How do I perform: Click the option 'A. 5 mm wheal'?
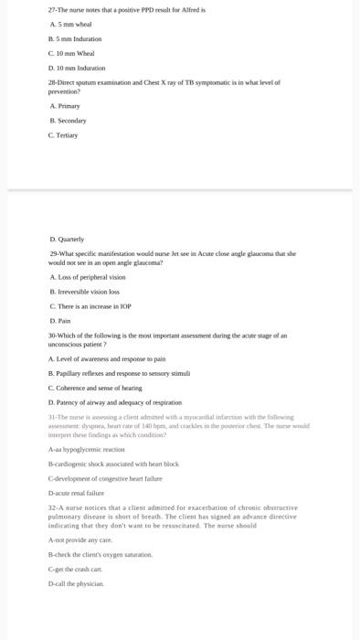click(x=72, y=25)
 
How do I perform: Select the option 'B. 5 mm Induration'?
click(x=76, y=39)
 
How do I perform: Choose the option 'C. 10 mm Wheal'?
click(x=73, y=54)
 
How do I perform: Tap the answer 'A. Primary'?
click(x=65, y=106)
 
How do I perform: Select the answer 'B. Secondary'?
click(x=69, y=121)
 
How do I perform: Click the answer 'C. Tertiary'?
click(x=65, y=135)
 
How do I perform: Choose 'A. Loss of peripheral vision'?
click(x=88, y=277)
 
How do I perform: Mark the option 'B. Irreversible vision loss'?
click(x=86, y=292)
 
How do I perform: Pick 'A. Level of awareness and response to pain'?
click(x=106, y=359)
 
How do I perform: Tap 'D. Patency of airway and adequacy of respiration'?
click(x=114, y=402)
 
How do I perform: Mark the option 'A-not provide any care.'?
click(x=80, y=540)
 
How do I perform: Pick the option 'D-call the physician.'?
click(x=77, y=582)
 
